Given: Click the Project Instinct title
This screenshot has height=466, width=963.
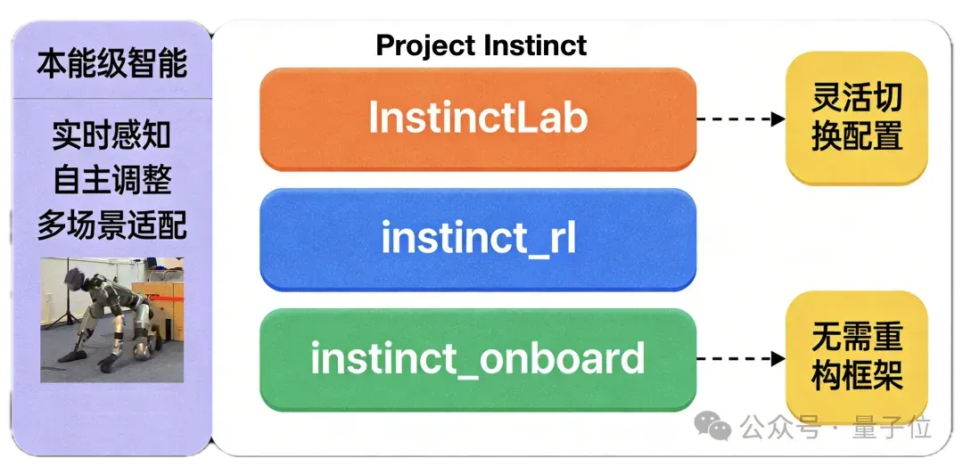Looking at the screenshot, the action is coord(481,46).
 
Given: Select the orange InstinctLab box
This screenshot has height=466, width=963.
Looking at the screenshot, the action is coord(478,119).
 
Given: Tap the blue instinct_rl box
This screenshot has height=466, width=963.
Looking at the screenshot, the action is coord(478,240).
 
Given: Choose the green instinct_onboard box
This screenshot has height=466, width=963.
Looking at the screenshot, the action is coord(478,360).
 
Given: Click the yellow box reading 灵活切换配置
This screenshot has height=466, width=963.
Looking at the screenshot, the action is coord(856,118).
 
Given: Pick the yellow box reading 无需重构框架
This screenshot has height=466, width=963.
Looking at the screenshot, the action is coord(856,356).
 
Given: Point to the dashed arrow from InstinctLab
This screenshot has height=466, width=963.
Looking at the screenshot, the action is coord(741,119).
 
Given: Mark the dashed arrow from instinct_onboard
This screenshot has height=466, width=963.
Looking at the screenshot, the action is coord(741,358).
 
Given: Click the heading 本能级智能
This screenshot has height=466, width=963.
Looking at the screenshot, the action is coord(112,64).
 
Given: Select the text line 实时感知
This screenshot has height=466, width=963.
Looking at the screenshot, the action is coord(111,135).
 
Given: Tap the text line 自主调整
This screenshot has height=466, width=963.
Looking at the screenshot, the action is coord(111,180).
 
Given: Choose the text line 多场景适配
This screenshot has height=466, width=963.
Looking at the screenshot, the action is coord(111,225).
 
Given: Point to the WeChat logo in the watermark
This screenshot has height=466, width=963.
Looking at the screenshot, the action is coord(712,426).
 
